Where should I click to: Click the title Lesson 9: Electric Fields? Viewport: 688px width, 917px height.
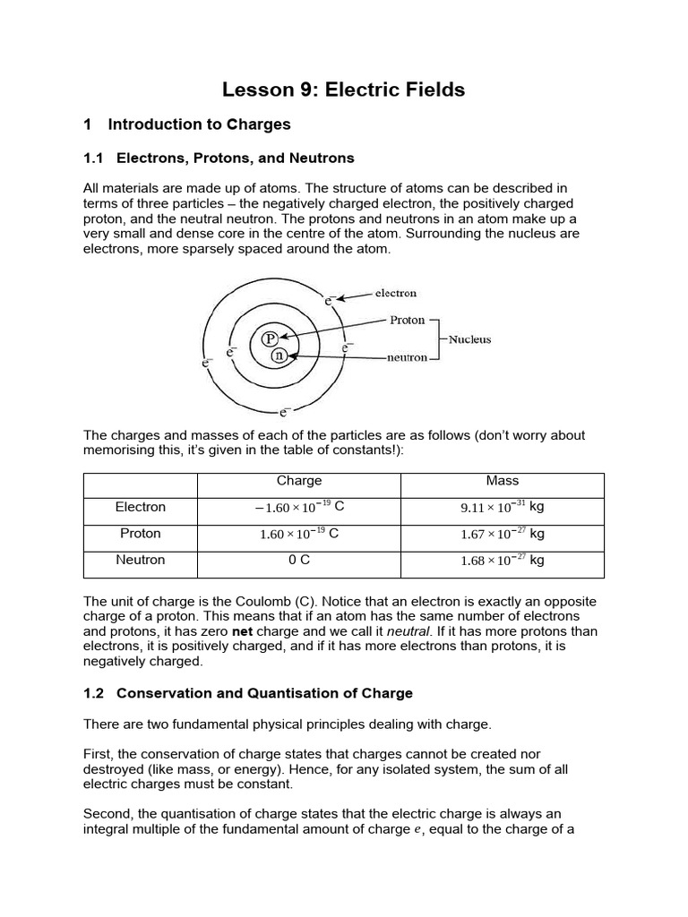343,90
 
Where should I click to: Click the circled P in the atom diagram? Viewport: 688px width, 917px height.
269,339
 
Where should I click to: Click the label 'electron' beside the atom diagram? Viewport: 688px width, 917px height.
395,293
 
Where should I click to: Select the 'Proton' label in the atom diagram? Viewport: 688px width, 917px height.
408,320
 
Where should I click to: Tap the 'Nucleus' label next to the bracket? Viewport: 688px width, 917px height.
469,339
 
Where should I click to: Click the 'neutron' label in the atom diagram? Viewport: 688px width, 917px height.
407,357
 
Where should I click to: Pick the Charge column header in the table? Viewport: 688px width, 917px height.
299,481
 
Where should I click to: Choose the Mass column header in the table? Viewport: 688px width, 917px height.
502,481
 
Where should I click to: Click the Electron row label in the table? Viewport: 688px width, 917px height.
141,507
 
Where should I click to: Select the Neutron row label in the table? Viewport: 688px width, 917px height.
141,560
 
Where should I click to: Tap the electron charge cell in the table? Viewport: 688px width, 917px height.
299,507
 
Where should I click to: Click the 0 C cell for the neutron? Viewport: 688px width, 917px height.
299,560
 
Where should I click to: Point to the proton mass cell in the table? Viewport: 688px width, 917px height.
502,534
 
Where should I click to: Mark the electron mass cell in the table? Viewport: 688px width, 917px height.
502,507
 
